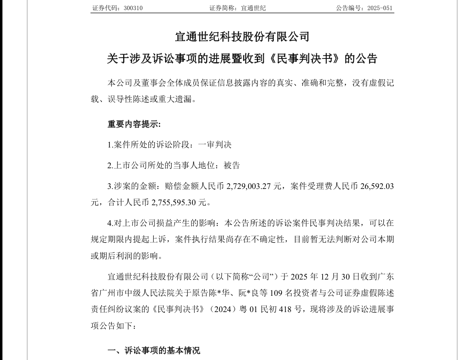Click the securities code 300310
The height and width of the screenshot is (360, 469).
pos(132,8)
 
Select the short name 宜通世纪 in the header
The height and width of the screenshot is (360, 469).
pos(254,8)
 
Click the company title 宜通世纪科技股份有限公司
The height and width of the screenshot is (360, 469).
pos(242,37)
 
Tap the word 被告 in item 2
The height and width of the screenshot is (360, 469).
pos(232,165)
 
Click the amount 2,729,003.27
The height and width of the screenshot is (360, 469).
pos(248,187)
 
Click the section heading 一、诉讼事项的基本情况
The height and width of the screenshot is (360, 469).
pos(154,350)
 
